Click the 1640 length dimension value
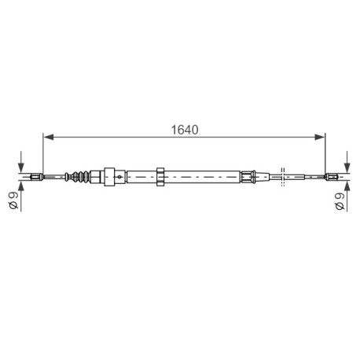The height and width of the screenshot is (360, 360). (185, 130)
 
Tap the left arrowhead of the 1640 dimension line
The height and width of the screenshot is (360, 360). (48, 137)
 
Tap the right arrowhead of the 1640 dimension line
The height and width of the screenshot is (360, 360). (320, 137)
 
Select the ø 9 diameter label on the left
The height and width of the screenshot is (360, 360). (13, 200)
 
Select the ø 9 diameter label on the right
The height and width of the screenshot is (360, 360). (340, 201)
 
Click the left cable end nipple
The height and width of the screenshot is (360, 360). (37, 177)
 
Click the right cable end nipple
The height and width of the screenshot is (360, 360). (331, 177)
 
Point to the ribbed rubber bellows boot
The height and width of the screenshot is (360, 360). (81, 176)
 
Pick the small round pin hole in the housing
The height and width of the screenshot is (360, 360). (119, 177)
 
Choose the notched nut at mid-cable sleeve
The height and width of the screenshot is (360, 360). (160, 177)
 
